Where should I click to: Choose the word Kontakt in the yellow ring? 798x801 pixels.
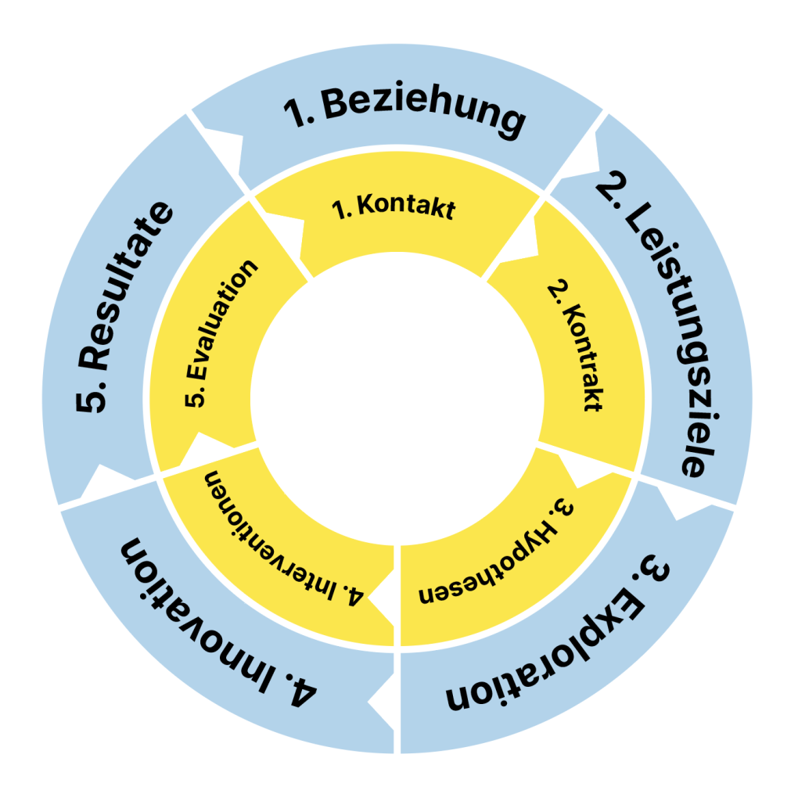click(x=407, y=210)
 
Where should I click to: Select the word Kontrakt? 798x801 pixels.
click(x=583, y=360)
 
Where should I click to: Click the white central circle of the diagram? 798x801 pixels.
click(x=399, y=400)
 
